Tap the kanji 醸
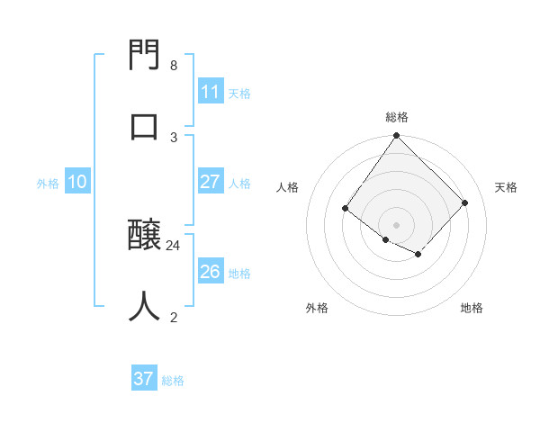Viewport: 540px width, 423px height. coord(145,236)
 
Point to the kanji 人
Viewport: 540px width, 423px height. coord(145,306)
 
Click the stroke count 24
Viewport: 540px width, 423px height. coord(174,245)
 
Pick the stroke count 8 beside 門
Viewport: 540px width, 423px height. coord(174,66)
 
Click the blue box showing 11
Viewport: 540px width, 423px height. coord(210,92)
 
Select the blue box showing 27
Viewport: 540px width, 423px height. coord(210,182)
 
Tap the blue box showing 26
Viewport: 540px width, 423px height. coord(210,272)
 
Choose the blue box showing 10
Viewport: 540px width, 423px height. coord(76,182)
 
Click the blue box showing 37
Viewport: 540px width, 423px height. coord(143,379)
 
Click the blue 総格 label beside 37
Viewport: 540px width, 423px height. coord(173,381)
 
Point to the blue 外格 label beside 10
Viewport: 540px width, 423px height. coord(48,184)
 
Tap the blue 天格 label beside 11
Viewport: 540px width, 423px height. coord(239,94)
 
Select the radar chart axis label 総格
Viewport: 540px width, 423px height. coord(397,117)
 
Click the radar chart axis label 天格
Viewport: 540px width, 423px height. coord(506,187)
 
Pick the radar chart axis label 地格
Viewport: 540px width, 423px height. coord(472,308)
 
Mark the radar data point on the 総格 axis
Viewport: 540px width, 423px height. coord(397,136)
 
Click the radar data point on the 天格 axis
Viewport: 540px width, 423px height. coord(465,202)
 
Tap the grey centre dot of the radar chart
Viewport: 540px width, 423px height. coord(397,224)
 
